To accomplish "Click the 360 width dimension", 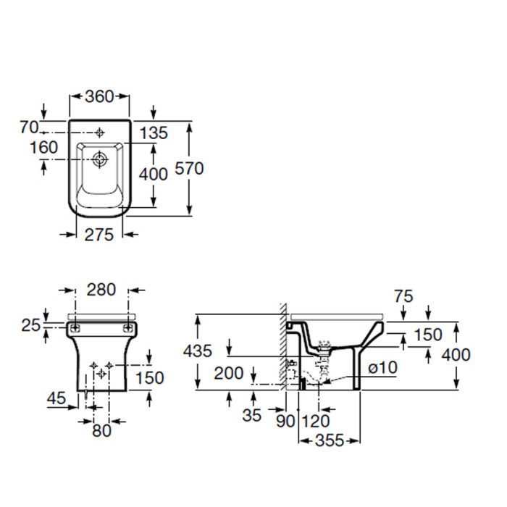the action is coord(100,96).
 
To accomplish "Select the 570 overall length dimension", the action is coord(189,169).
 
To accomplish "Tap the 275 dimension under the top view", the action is coord(99,235).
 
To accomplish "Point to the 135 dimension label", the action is coord(154,133).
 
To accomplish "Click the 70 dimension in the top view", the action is coord(29,127).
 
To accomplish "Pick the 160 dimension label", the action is coord(43,148).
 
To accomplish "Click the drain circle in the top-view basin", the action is coord(100,159).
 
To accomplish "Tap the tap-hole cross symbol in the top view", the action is coord(100,133).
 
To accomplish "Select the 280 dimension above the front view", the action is coord(101,290).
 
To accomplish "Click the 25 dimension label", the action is coord(31,325).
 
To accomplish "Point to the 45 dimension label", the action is coord(56,398).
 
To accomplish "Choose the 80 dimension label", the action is coord(101,430).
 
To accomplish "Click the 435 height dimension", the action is coord(198,351).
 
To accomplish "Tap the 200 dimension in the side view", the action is coord(229,373).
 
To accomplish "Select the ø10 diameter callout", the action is coord(383,368).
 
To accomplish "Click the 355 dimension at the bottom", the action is coord(329,440).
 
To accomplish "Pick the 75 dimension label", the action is coord(403,296).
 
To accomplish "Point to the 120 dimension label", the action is coord(316,421).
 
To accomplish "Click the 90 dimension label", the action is coord(285,421).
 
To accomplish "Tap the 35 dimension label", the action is coord(251,415).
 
